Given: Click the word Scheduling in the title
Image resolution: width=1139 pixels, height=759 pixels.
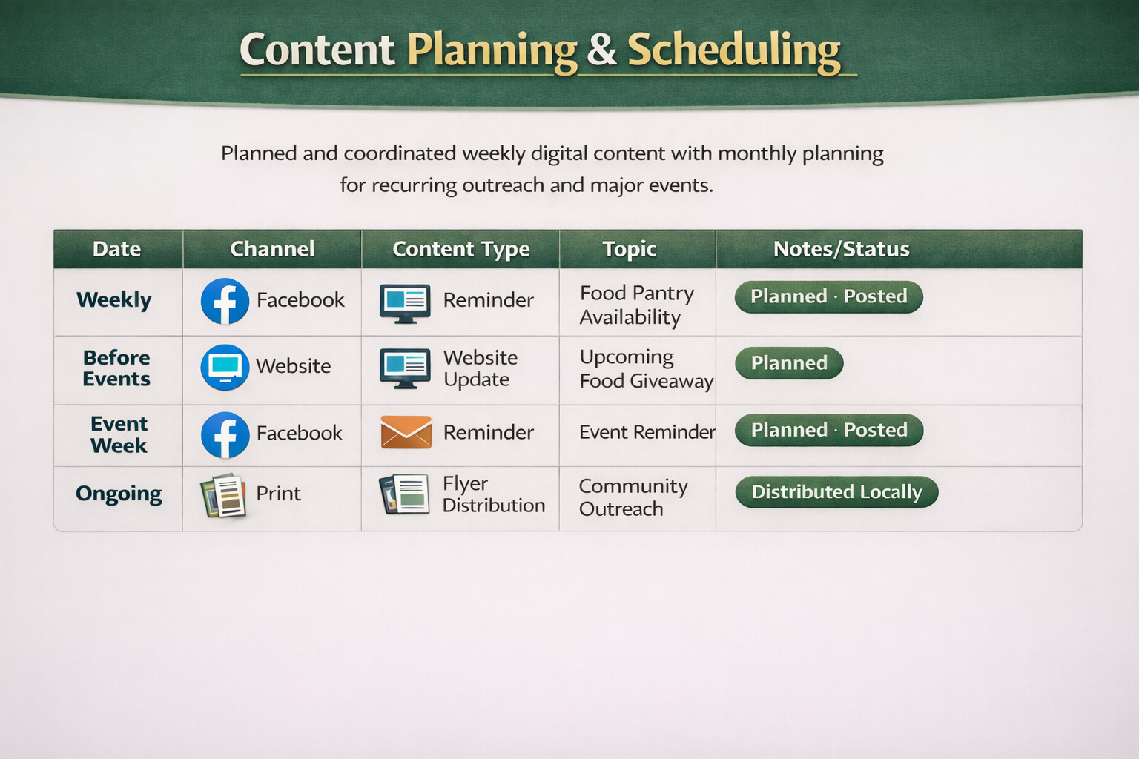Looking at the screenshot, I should click(x=733, y=50).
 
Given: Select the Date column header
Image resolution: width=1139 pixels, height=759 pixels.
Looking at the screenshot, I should click(x=116, y=249).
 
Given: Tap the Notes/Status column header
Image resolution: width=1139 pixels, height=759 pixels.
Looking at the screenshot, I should click(x=841, y=249).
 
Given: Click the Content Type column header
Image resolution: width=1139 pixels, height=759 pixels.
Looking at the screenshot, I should click(x=460, y=249).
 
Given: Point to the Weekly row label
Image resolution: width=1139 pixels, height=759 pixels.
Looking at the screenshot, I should click(x=114, y=299).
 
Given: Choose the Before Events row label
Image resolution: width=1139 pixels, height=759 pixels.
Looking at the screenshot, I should click(x=116, y=368).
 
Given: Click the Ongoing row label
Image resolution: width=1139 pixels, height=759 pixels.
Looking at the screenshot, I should click(x=119, y=494).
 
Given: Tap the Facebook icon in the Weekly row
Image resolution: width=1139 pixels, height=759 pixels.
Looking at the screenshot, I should click(x=225, y=301).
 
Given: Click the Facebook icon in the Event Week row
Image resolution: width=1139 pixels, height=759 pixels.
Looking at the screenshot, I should click(x=225, y=434).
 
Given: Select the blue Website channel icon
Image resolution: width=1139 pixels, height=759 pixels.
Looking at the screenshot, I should click(x=225, y=367).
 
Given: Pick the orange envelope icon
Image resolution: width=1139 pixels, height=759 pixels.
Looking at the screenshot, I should click(x=406, y=432).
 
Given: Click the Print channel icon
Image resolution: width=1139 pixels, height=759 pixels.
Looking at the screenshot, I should click(x=223, y=495).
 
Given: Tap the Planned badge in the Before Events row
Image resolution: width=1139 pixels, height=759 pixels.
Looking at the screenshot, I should click(x=789, y=363).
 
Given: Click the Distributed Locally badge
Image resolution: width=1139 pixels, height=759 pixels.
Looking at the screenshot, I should click(x=836, y=492).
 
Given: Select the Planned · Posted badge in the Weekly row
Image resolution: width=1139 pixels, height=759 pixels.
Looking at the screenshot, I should click(x=828, y=296).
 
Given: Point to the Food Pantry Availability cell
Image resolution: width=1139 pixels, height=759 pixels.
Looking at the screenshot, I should click(x=636, y=305).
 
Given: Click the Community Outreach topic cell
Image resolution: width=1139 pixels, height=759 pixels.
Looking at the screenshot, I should click(x=633, y=497).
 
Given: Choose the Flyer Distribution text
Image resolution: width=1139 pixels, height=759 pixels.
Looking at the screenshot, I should click(x=493, y=494).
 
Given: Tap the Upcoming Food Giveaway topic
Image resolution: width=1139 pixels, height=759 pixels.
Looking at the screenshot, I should click(x=645, y=368).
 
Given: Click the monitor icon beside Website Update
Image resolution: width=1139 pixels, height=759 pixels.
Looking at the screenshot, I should click(x=405, y=368).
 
